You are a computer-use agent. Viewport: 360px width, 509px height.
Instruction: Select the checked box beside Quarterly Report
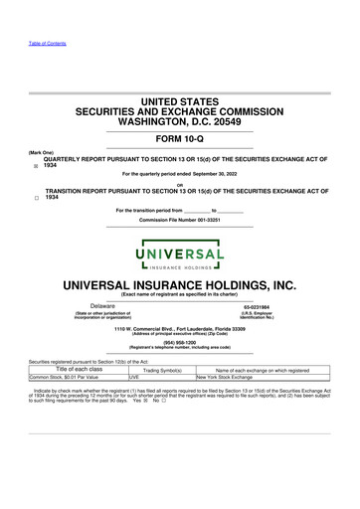pos(36,168)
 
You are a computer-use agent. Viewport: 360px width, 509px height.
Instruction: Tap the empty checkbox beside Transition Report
pos(36,199)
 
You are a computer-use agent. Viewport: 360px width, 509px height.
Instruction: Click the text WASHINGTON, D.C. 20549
pos(180,121)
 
